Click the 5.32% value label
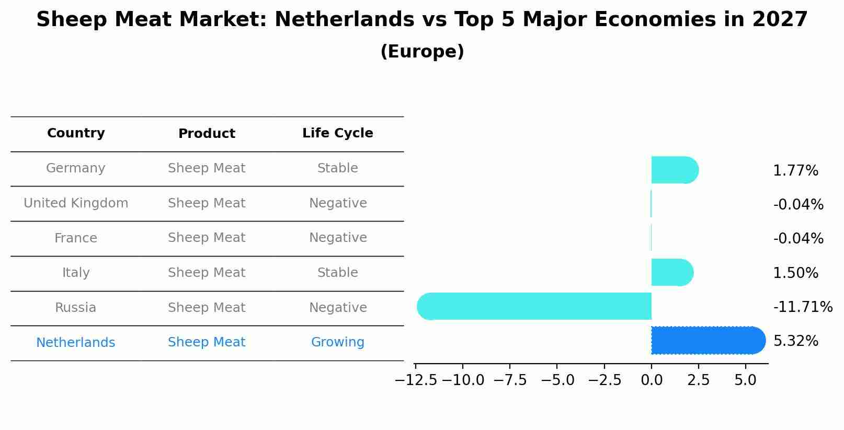(795, 341)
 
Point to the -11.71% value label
(803, 307)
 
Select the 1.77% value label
(795, 171)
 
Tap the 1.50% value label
(795, 273)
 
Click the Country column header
(76, 133)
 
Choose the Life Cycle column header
(337, 133)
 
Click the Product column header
(207, 134)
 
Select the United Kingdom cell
(76, 203)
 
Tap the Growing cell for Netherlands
(337, 342)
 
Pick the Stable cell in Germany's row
(337, 168)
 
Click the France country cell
(76, 238)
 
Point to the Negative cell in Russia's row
(337, 308)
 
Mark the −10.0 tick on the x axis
(463, 380)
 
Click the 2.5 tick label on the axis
(698, 380)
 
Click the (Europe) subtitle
(422, 52)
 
